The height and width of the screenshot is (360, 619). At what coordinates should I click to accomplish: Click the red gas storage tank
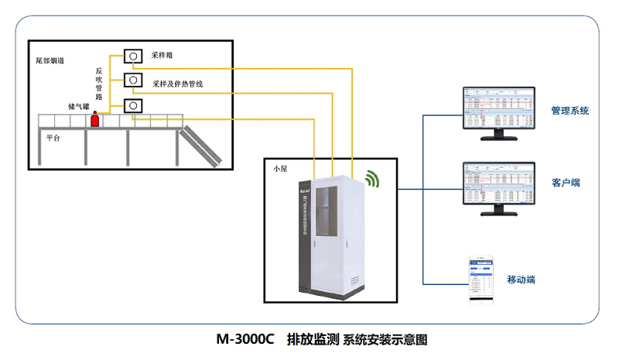tap(95, 119)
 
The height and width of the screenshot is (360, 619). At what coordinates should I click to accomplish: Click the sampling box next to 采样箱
tap(134, 56)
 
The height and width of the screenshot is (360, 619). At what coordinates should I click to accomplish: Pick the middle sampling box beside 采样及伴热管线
tap(134, 80)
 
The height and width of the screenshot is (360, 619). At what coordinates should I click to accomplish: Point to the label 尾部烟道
tap(50, 60)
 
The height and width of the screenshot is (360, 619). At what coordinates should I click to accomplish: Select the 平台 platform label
tap(53, 137)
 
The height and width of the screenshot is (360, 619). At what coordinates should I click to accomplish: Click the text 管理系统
tap(569, 111)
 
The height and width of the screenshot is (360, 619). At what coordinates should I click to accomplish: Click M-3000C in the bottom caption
tap(246, 339)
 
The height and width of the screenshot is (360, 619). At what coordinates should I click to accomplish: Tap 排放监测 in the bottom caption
tap(313, 339)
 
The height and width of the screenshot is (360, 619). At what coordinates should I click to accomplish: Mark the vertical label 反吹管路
tap(99, 84)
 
